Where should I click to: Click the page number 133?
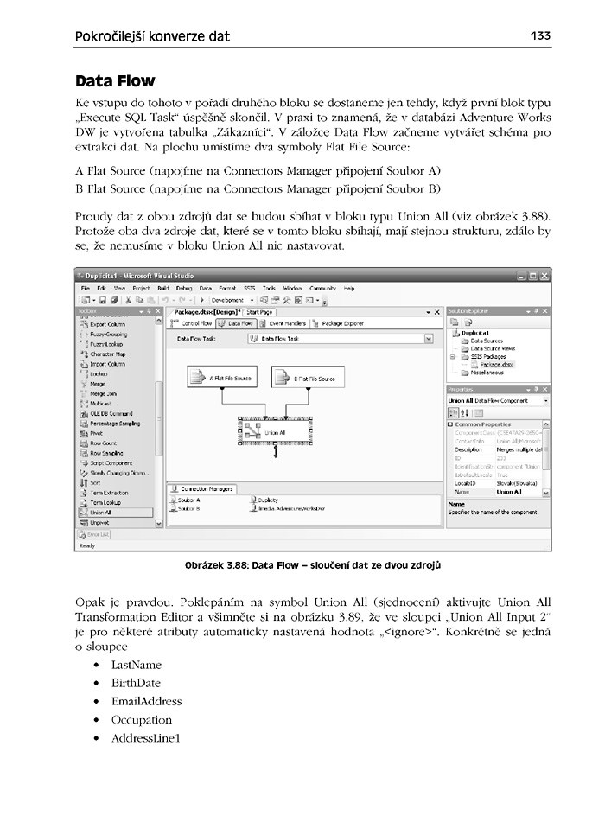point(540,36)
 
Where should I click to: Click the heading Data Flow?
point(115,81)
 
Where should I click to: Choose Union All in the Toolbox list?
point(102,513)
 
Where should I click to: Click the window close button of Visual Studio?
point(544,275)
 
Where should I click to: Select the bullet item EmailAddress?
point(146,701)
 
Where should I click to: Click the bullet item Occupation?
point(142,719)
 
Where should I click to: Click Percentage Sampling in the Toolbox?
point(115,424)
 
